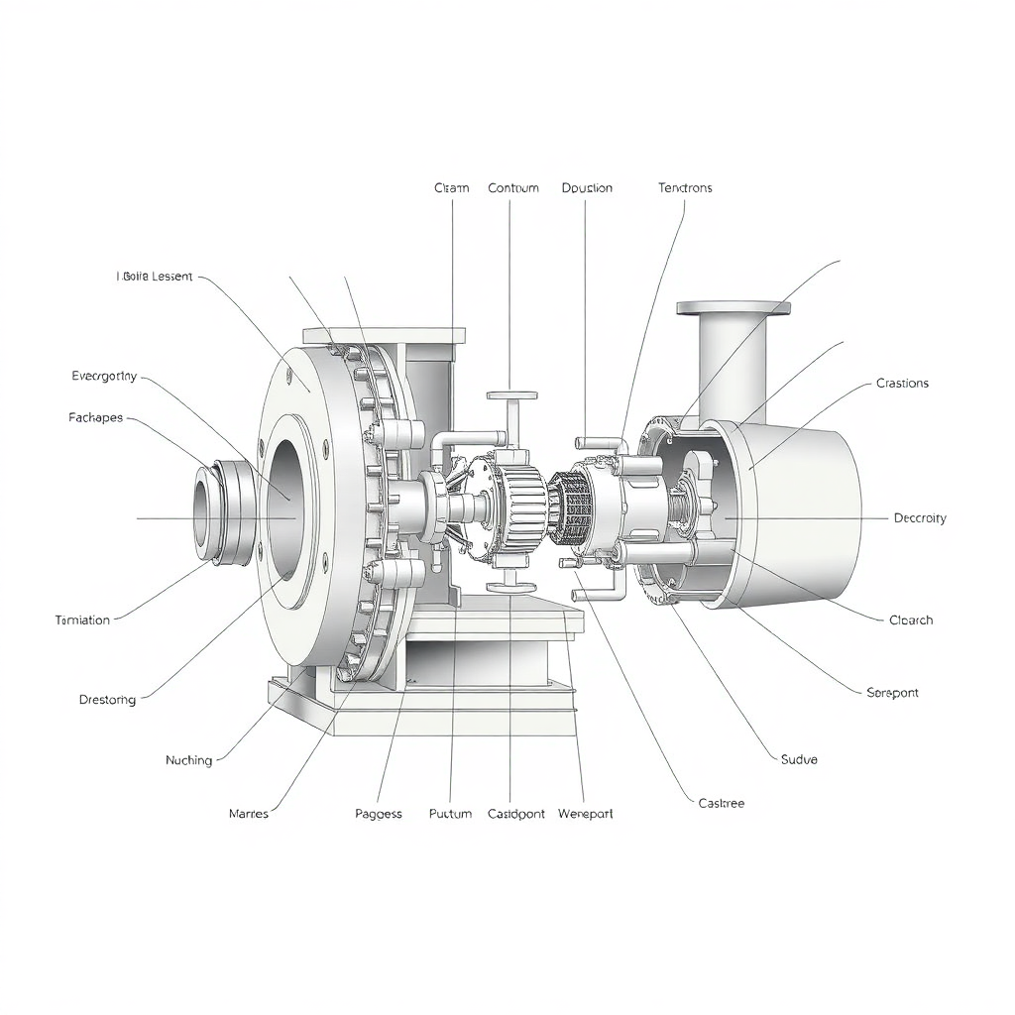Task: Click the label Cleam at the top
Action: point(451,187)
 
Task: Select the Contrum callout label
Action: point(513,187)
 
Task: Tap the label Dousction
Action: point(587,187)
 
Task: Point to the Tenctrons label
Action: point(685,187)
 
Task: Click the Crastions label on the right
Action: point(902,383)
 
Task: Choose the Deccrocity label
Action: point(920,517)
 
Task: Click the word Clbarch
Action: point(911,620)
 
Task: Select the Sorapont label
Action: point(892,692)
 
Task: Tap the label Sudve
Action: point(799,759)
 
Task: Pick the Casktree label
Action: point(721,803)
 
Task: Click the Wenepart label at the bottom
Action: point(585,814)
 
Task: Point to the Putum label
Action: point(450,814)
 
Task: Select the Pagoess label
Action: point(379,814)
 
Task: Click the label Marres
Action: point(248,813)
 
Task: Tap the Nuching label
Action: point(188,760)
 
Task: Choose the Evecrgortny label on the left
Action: point(104,376)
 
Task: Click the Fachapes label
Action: point(96,417)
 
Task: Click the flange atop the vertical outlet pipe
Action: point(733,308)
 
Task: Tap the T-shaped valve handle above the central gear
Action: point(511,396)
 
